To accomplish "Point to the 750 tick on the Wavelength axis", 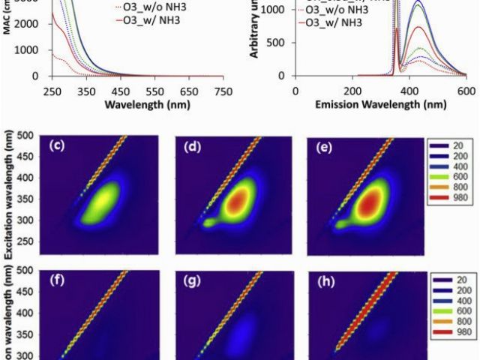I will click(x=223, y=89).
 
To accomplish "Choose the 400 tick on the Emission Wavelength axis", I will click(x=353, y=89).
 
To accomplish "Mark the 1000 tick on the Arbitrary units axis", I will click(x=271, y=10).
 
